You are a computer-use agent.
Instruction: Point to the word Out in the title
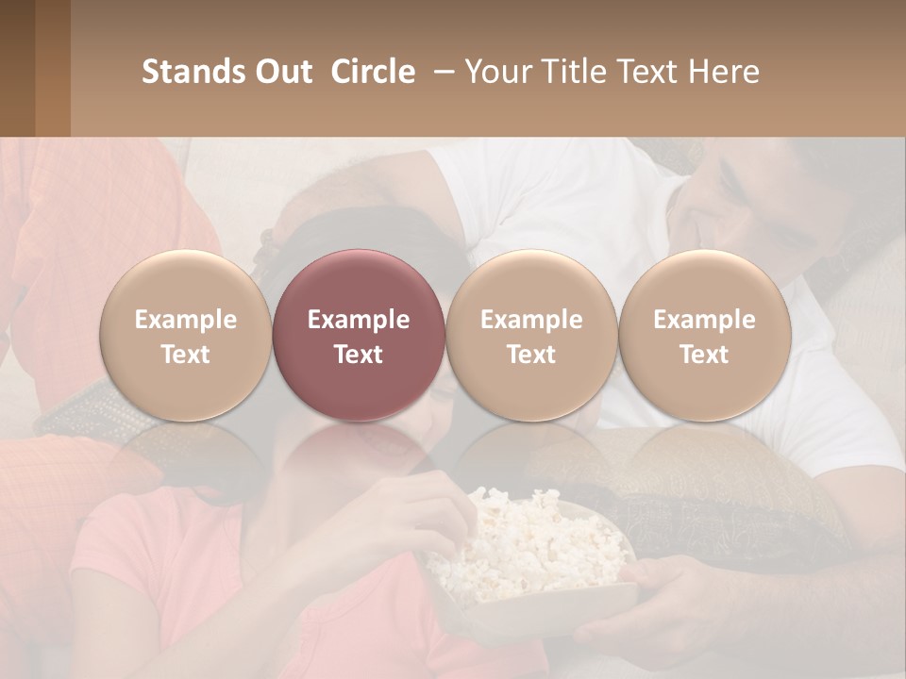tap(281, 72)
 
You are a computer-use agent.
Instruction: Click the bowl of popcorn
tap(528, 556)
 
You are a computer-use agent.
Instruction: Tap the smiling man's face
tap(755, 203)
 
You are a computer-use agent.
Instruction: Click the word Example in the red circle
tap(359, 320)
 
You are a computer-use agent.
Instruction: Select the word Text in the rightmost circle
tap(704, 355)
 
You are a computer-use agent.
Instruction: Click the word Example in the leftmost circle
tap(185, 320)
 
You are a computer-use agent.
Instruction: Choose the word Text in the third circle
tap(531, 355)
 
